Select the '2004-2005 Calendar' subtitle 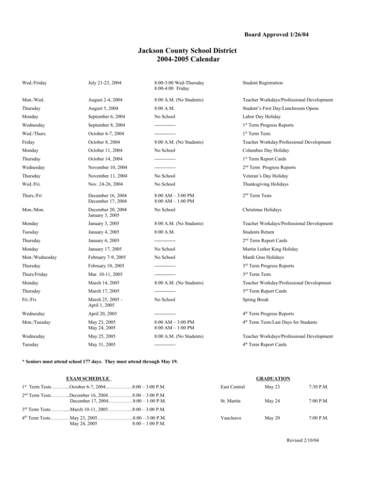coord(187,60)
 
